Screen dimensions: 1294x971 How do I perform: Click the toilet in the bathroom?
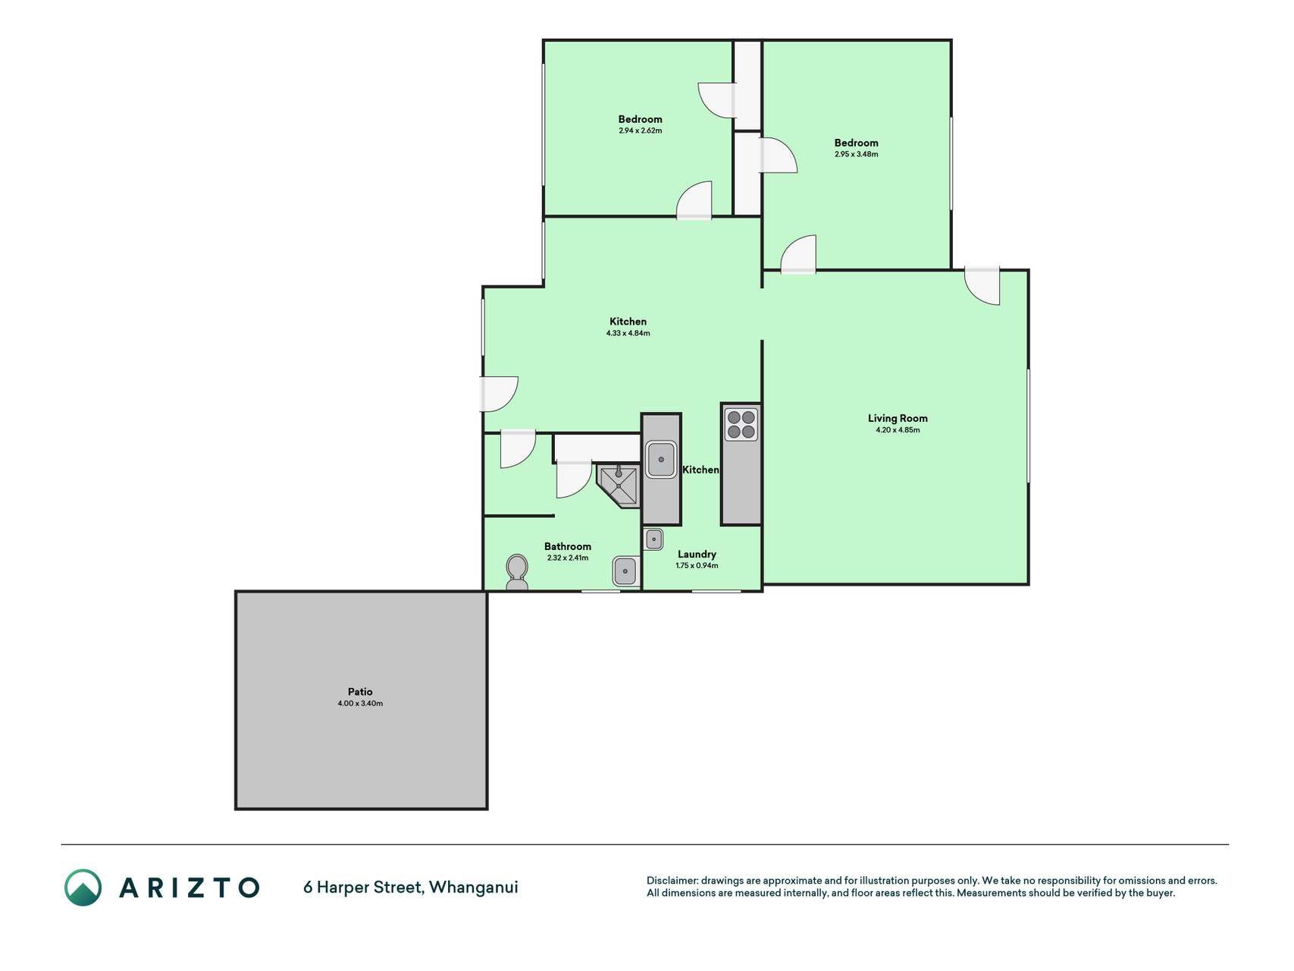tap(517, 573)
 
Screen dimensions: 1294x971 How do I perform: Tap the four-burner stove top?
tap(741, 425)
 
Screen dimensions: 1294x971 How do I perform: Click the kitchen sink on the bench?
tap(661, 459)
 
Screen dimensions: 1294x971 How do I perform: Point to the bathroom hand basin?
tap(625, 570)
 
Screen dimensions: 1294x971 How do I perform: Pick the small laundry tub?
tap(653, 539)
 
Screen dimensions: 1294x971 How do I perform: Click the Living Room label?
tap(898, 418)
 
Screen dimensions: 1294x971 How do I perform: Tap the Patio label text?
tap(360, 692)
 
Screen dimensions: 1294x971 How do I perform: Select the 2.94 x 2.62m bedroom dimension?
tap(640, 130)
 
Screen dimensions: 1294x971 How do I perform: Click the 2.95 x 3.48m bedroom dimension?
tap(856, 154)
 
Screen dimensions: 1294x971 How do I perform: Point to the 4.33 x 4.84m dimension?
tap(628, 333)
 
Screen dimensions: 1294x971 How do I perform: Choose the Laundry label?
tap(697, 555)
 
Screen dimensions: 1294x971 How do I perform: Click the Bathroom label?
tap(567, 546)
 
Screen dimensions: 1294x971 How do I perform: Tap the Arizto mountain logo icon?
tap(83, 888)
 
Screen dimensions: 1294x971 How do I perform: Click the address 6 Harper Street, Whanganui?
tap(411, 887)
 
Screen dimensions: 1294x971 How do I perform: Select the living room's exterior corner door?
tap(982, 286)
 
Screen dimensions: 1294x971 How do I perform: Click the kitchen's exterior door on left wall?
tap(500, 394)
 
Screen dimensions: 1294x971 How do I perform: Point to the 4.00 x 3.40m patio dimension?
tap(360, 704)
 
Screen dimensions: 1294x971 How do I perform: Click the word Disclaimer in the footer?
tap(672, 881)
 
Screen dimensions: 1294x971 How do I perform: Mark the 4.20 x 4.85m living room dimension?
tap(898, 430)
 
